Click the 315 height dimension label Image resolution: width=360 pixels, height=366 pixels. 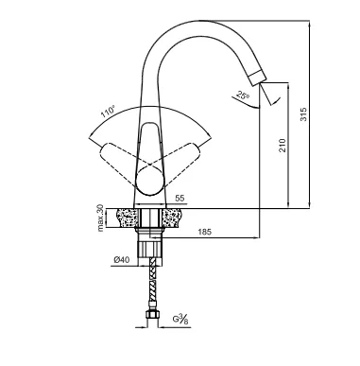303,114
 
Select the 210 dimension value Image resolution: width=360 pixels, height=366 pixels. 283,146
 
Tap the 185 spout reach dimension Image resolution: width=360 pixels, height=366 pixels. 205,232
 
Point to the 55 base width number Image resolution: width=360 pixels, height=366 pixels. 180,199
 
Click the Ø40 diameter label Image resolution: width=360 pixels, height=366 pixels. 122,260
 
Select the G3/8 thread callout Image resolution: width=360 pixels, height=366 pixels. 180,319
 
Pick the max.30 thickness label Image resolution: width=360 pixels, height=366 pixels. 100,218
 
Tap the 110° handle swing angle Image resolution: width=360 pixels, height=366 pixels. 108,112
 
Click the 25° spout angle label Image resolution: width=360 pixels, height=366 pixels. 243,95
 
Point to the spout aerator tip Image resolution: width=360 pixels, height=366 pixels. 258,78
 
